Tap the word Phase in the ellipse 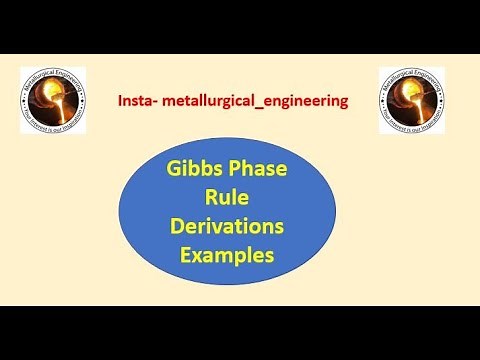[258, 169]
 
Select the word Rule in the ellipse [226, 197]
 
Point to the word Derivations [226, 226]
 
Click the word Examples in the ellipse [226, 254]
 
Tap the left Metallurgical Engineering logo [53, 101]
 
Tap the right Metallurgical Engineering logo [412, 101]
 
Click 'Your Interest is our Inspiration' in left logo [53, 126]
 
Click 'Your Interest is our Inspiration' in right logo [412, 126]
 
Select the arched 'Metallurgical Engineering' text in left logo [53, 75]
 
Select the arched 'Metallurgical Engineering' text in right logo [412, 75]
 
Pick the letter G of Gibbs [173, 169]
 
